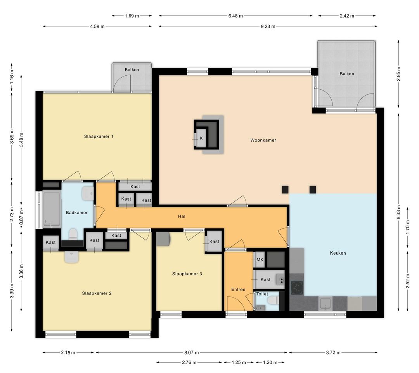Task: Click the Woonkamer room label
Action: [x=263, y=140]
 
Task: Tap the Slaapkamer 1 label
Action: [x=99, y=136]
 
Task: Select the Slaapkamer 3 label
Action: [x=187, y=274]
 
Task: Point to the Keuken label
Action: [x=338, y=253]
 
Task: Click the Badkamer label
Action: [x=77, y=213]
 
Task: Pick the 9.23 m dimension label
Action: [x=268, y=26]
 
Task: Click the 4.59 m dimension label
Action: [x=97, y=26]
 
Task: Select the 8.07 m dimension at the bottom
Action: [x=191, y=353]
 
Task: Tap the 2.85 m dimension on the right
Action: [x=398, y=73]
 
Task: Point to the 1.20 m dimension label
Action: [x=270, y=363]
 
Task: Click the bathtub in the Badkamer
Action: [x=52, y=210]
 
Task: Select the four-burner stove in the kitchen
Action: [x=297, y=288]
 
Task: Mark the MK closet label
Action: [x=260, y=260]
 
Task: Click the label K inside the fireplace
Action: [x=201, y=138]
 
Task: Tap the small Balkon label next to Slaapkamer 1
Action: [x=132, y=70]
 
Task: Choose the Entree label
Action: [x=238, y=290]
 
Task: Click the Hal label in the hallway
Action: [x=182, y=216]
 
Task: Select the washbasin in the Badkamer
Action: [x=88, y=193]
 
